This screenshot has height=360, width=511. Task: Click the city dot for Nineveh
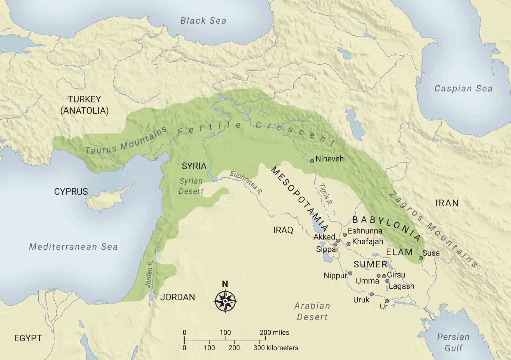[x=312, y=161]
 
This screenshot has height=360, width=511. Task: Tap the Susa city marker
[x=421, y=258]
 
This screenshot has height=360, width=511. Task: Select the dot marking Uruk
[x=371, y=294]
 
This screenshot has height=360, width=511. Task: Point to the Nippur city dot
[x=350, y=273]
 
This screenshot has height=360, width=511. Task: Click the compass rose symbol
[x=225, y=301]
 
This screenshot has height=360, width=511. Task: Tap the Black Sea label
[x=203, y=21]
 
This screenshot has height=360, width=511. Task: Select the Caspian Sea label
[x=463, y=88]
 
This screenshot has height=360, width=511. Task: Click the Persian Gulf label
[x=453, y=342]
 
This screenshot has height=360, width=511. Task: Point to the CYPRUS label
[x=71, y=192]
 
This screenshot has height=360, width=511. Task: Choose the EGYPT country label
[x=28, y=338]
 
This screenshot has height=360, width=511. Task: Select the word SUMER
[x=370, y=264]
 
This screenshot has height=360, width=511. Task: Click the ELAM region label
[x=399, y=252]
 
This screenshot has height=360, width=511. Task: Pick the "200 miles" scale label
[x=274, y=332]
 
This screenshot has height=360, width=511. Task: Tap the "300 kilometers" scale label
[x=276, y=348]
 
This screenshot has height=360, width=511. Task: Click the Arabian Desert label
[x=312, y=311]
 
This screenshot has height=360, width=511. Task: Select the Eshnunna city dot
[x=345, y=234]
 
